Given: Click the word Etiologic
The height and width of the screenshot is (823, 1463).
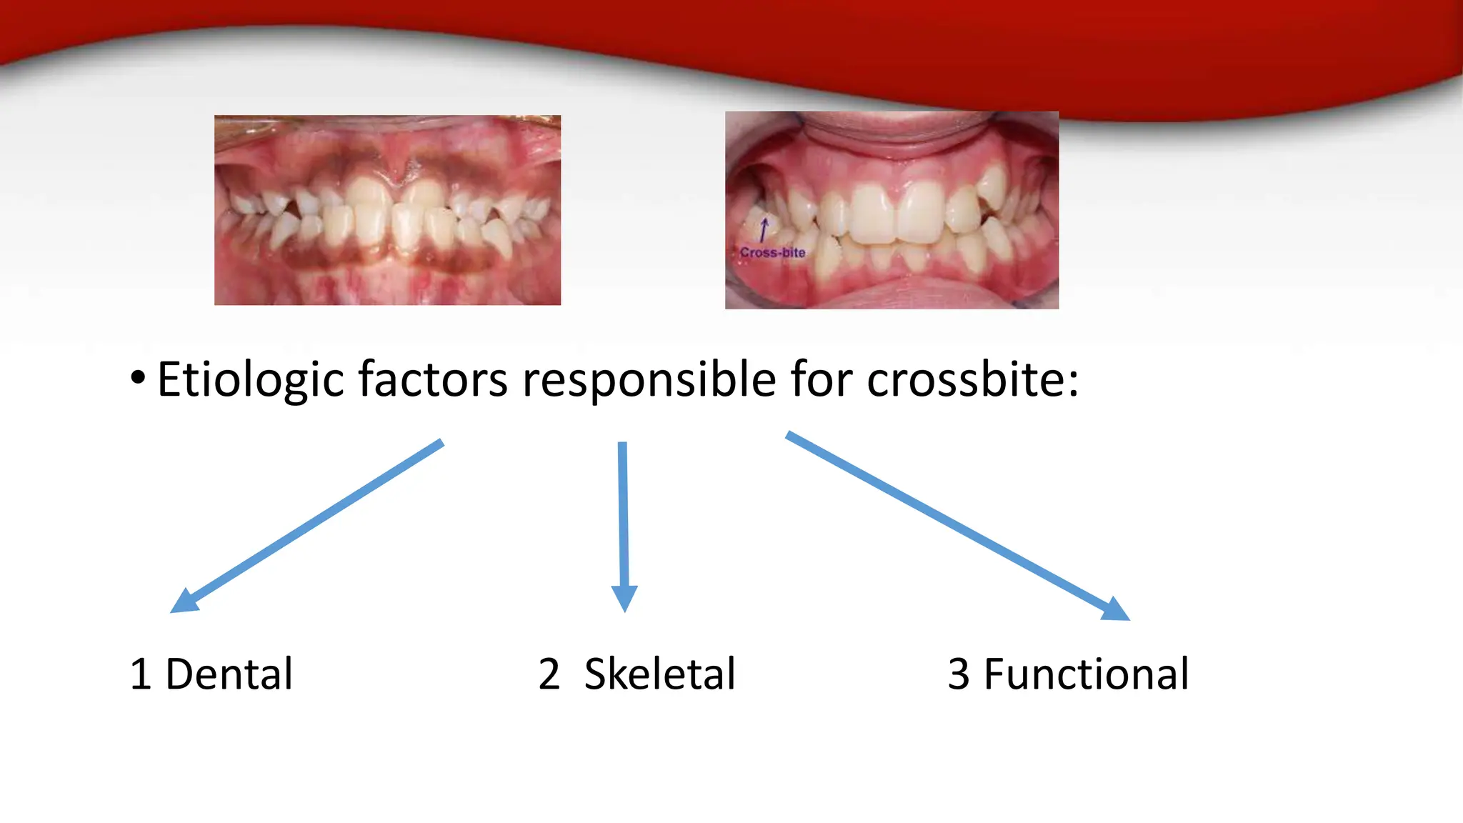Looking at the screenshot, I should point(251,380).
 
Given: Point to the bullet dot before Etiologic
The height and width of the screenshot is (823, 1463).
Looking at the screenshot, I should point(138,378).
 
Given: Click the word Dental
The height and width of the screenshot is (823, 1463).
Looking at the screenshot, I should point(229,674).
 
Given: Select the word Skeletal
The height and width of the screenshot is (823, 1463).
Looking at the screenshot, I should point(659,674).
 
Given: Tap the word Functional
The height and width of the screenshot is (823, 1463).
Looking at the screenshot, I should point(1086,674).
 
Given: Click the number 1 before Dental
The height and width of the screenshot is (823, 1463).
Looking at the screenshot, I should point(141,674).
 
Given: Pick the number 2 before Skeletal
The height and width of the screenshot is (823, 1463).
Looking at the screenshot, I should point(549,674).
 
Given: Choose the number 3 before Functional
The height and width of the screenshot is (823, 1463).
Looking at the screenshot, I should point(959,674).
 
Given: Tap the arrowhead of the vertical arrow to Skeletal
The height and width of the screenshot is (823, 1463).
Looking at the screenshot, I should point(624,598).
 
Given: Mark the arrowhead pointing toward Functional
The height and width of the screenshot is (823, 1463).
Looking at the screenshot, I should point(1116,609).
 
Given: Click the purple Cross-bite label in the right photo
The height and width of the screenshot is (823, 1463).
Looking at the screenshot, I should point(772,253).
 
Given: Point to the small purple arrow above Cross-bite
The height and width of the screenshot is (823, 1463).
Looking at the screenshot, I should point(764,230).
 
